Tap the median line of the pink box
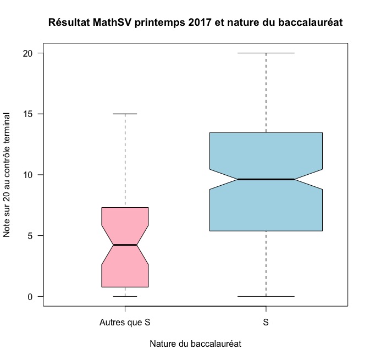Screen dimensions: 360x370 (x=125, y=245)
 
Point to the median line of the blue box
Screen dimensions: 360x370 (x=266, y=179)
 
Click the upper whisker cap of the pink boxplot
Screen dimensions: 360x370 (x=125, y=114)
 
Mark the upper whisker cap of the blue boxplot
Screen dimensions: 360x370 (x=266, y=53)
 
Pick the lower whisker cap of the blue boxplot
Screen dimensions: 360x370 (x=266, y=296)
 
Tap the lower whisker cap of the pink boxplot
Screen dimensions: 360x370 (x=125, y=296)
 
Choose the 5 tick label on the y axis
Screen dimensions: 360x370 (x=31, y=236)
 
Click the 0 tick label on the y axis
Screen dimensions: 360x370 (x=31, y=296)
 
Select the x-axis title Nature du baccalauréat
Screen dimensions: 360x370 (x=195, y=344)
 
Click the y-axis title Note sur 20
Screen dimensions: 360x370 (x=7, y=174)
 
